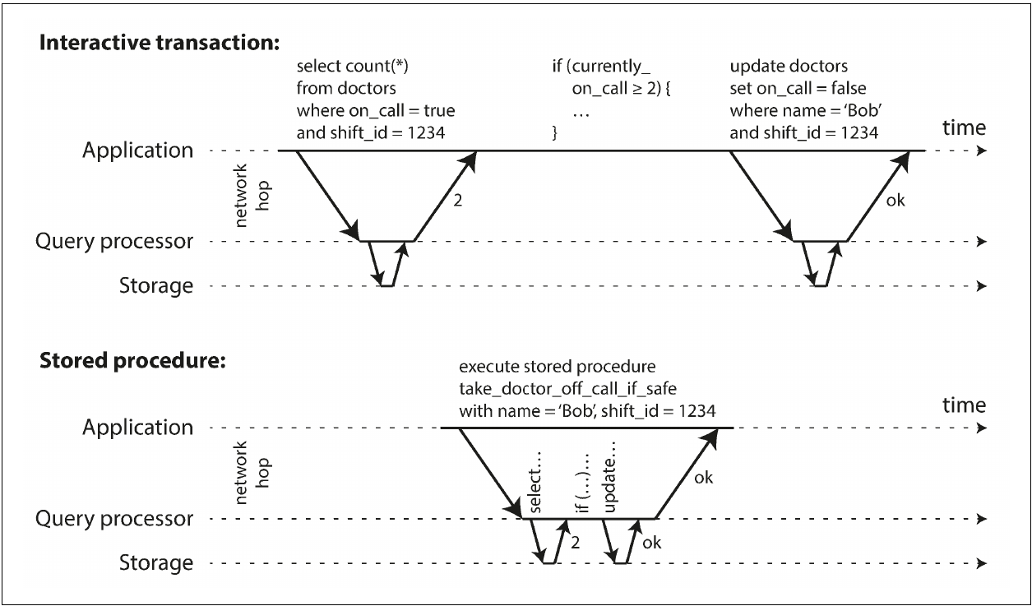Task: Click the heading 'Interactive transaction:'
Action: point(160,43)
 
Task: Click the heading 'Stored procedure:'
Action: point(132,360)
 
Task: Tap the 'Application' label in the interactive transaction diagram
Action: point(138,151)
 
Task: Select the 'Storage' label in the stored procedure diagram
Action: point(156,563)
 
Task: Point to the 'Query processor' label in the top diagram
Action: point(114,242)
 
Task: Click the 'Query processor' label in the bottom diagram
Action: point(114,520)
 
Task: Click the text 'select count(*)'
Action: point(353,67)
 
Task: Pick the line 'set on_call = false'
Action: point(798,89)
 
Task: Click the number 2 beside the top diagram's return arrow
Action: point(457,201)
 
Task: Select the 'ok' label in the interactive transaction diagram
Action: point(895,201)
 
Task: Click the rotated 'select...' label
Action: point(535,482)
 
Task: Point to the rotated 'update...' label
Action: point(609,477)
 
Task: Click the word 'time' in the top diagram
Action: point(964,127)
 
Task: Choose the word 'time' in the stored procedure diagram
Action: point(964,405)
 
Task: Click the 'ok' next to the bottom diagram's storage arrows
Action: point(651,543)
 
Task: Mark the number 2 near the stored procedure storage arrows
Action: point(575,543)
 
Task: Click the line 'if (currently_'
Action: point(601,67)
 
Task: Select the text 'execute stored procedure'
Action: point(558,367)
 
